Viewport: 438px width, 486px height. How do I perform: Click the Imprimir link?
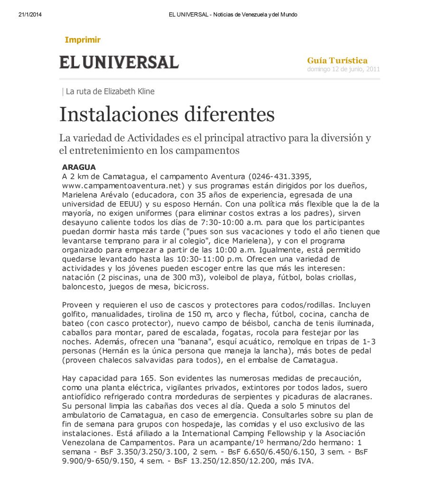(83, 40)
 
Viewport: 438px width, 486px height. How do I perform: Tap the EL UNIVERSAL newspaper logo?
(119, 62)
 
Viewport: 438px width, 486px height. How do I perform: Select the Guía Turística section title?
(337, 60)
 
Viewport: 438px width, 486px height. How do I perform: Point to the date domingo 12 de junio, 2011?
(344, 69)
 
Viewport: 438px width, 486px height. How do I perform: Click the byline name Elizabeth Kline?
(129, 92)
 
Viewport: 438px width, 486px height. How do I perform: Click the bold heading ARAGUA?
(79, 167)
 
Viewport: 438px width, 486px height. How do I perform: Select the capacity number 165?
(148, 378)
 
